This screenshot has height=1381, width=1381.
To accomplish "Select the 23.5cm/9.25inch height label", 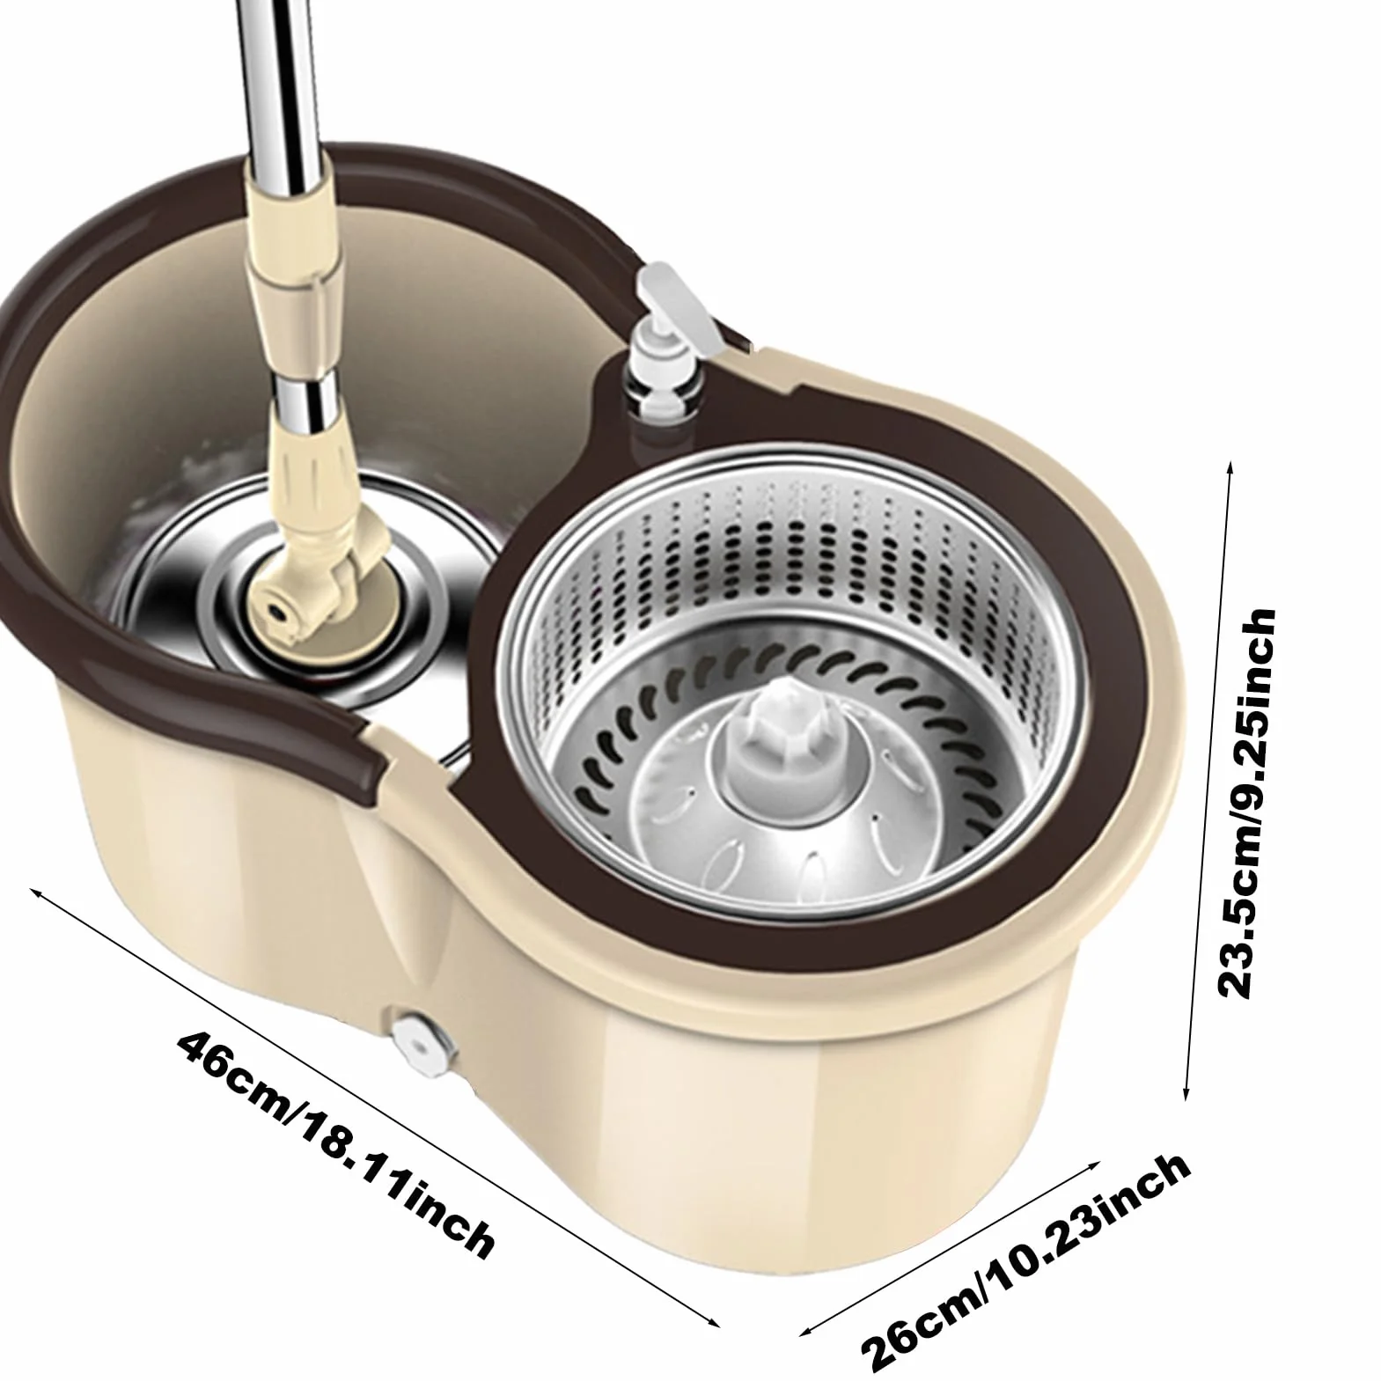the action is pyautogui.click(x=1245, y=801).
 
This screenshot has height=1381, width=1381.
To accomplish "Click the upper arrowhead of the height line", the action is pyautogui.click(x=1229, y=466).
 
